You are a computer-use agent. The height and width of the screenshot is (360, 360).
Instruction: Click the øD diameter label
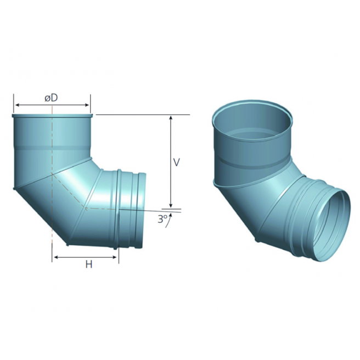pos(52,98)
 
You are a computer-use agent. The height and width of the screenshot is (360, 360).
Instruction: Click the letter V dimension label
pos(176,162)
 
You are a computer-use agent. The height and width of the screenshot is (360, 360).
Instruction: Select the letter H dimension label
pos(88,265)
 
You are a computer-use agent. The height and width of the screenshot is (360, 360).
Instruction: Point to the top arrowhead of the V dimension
pos(171,118)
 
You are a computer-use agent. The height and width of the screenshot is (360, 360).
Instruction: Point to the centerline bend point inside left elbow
pos(86,208)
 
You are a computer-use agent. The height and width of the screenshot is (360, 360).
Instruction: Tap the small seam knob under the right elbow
pos(257,240)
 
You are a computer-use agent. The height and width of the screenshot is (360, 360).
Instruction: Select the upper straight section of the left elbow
pos(52,143)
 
